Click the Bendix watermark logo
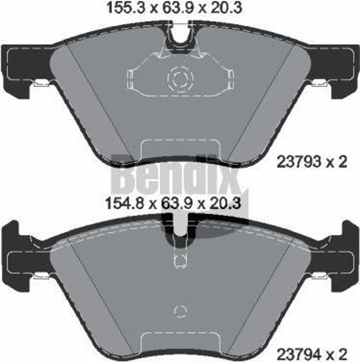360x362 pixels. tap(177, 179)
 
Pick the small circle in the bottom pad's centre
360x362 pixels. tap(180, 310)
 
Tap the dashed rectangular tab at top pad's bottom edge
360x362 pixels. tap(180, 150)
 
